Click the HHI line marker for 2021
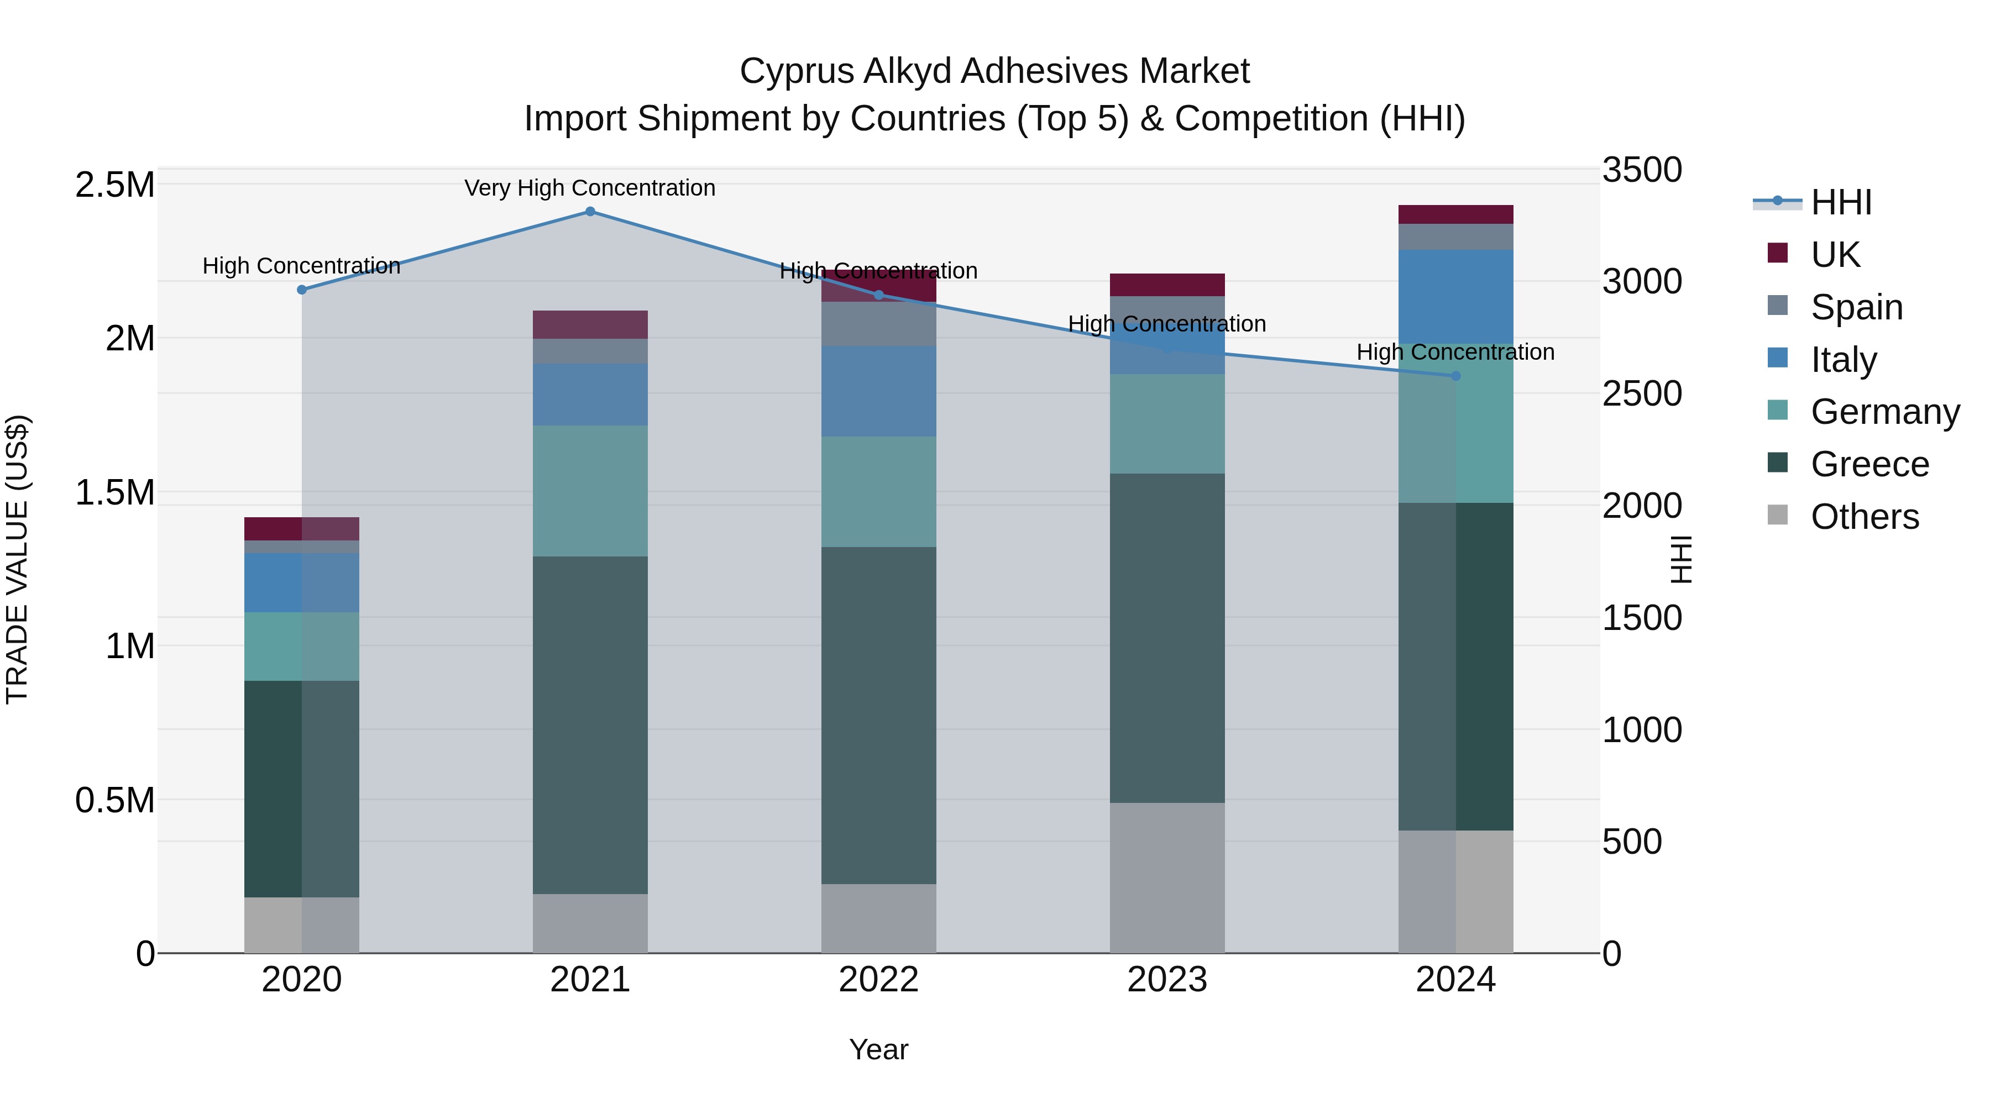590,212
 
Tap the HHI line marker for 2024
1455,376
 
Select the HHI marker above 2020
302,290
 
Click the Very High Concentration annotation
590,188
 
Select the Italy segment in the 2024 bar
1455,297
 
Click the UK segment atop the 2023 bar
1167,285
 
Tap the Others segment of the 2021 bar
590,923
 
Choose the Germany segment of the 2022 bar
878,492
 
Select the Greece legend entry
1869,464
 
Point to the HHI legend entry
1840,202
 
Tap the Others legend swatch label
1864,517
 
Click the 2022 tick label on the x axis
878,980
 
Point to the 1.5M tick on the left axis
115,492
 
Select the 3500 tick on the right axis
1642,170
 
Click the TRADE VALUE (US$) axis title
17,560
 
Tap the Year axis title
878,1049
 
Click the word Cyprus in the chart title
795,71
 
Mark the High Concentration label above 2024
1455,352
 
